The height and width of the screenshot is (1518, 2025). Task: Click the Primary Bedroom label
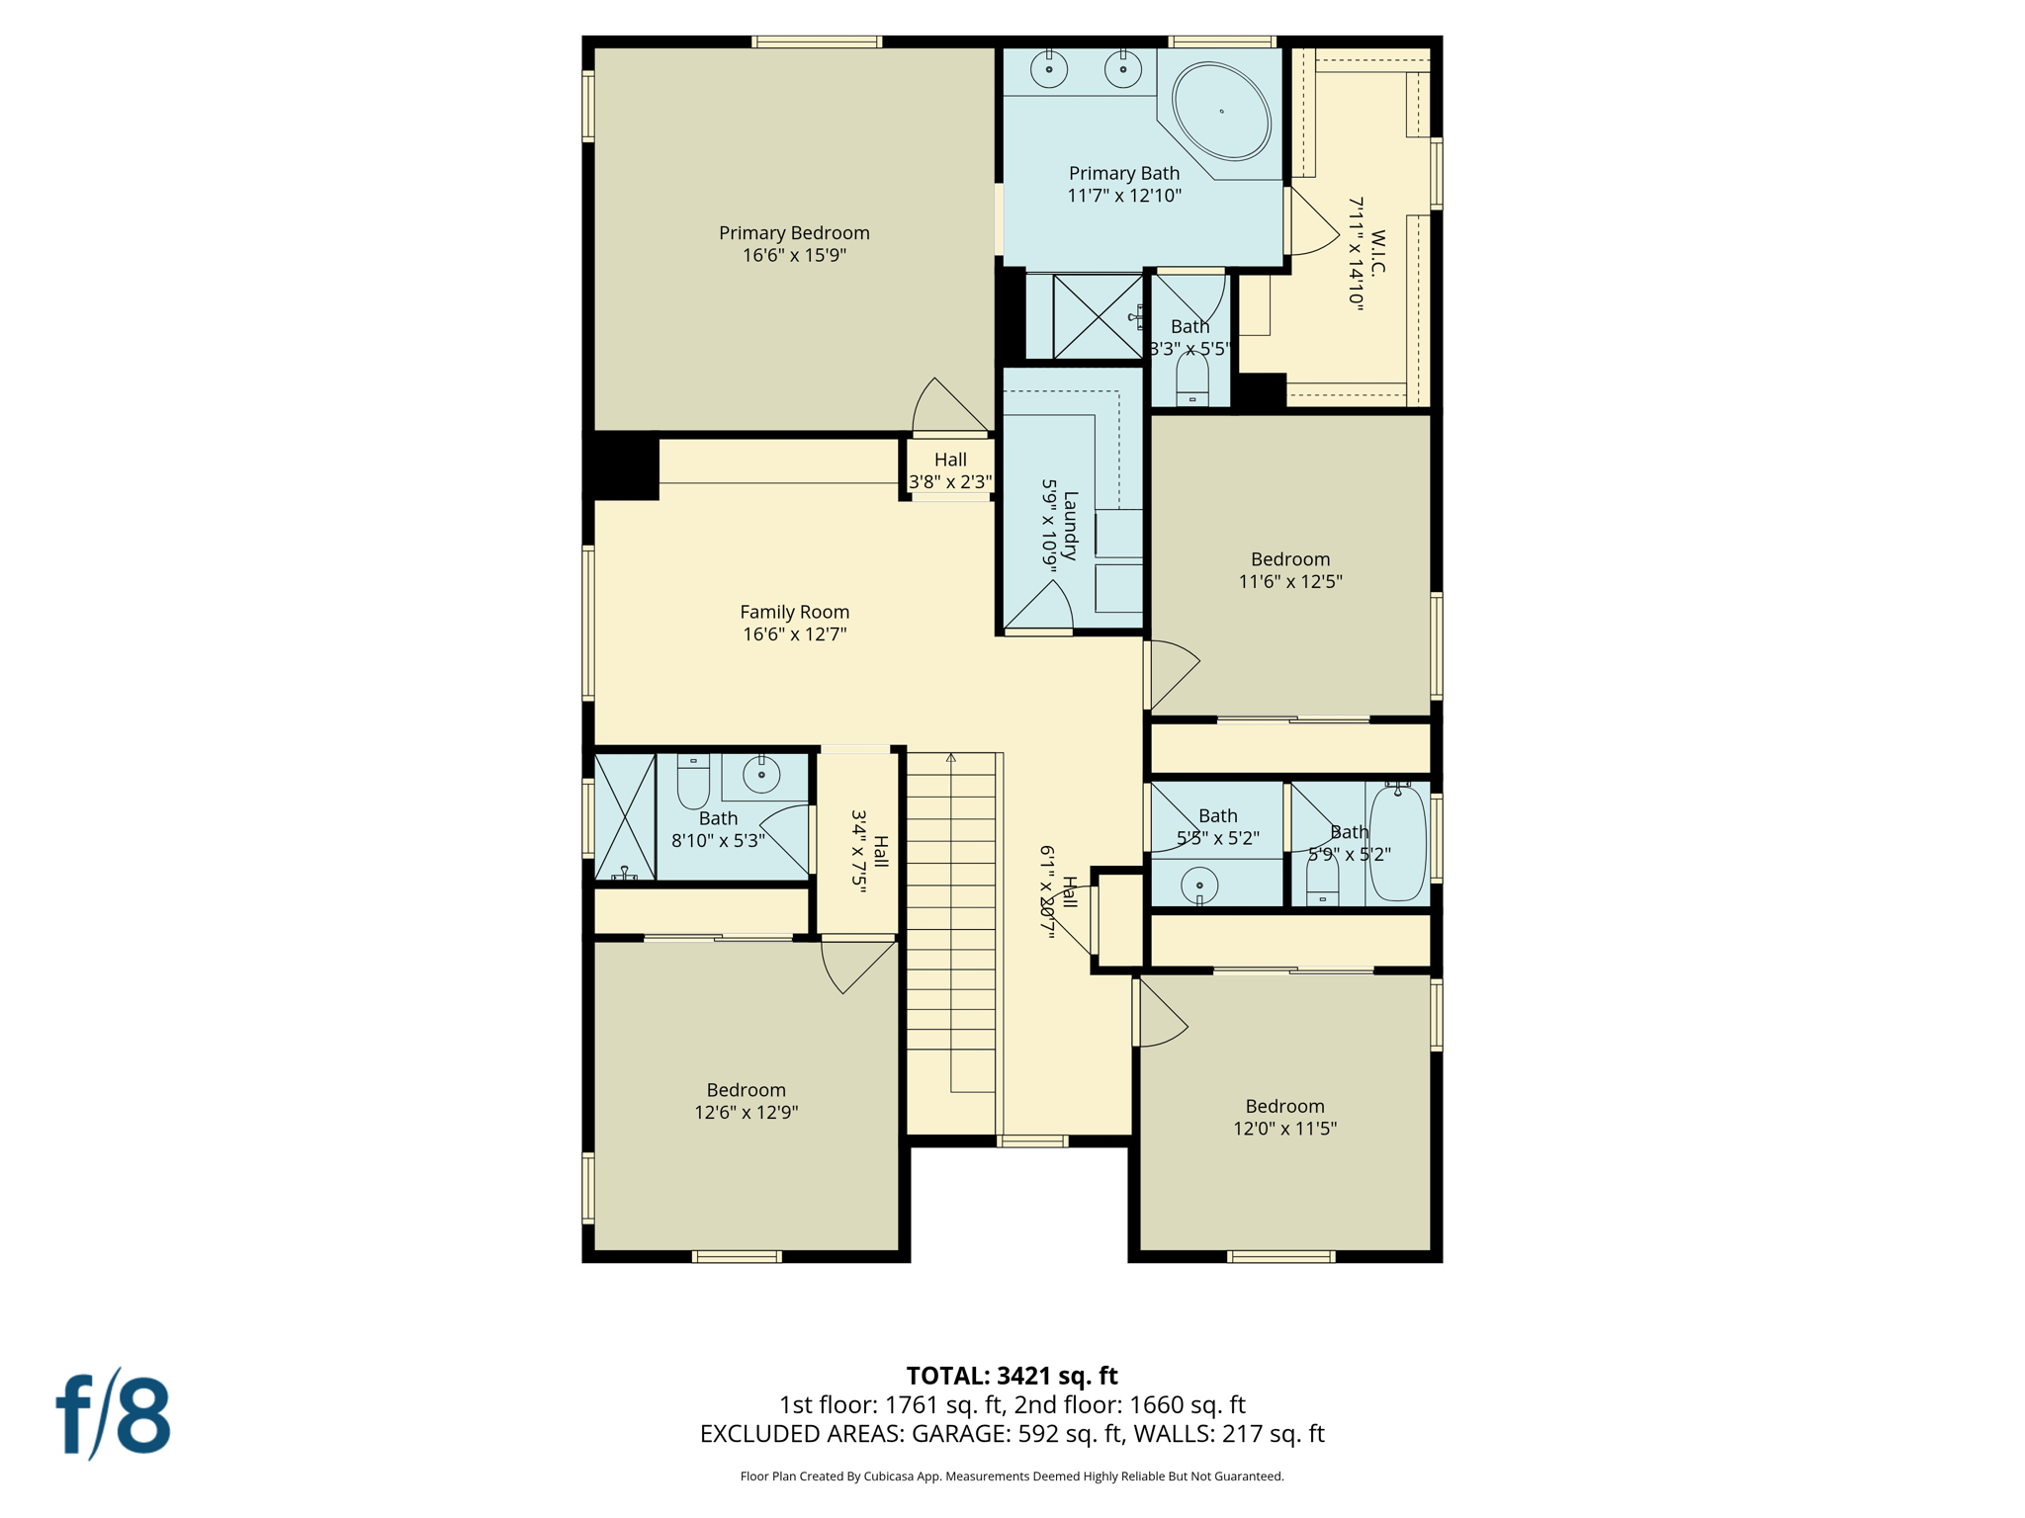pyautogui.click(x=794, y=233)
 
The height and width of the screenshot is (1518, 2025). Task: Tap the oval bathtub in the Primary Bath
pyautogui.click(x=1221, y=112)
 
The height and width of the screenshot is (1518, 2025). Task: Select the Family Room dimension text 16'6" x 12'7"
pyautogui.click(x=794, y=634)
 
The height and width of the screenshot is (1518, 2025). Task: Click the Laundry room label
pyautogui.click(x=1069, y=525)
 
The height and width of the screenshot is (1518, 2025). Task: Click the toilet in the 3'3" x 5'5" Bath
pyautogui.click(x=1192, y=379)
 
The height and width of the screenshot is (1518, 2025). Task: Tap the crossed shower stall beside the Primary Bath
pyautogui.click(x=1098, y=317)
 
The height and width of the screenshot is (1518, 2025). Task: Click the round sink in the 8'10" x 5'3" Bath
pyautogui.click(x=761, y=775)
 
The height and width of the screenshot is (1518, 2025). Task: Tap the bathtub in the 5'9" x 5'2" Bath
pyautogui.click(x=1397, y=842)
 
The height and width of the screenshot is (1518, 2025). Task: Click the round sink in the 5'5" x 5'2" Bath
pyautogui.click(x=1199, y=885)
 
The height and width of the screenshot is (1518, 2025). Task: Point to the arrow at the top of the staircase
pyautogui.click(x=950, y=758)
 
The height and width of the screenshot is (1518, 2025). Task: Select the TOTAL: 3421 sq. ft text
pyautogui.click(x=1012, y=1376)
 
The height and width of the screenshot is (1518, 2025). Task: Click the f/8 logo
pyautogui.click(x=114, y=1414)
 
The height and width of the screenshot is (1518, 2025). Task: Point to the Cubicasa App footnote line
pyautogui.click(x=1012, y=1476)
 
